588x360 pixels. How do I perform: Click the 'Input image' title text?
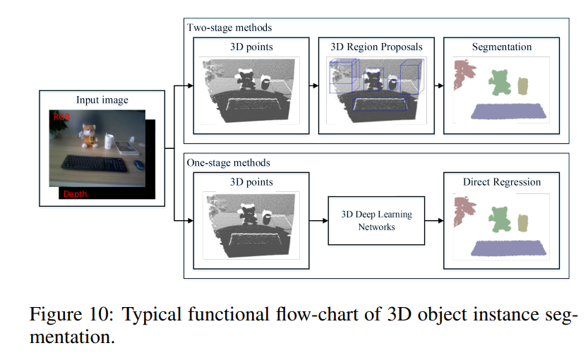(x=102, y=100)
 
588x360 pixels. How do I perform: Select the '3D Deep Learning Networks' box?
(x=376, y=221)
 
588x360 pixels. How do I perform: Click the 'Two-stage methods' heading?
(x=229, y=28)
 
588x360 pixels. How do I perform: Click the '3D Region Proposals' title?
(x=376, y=47)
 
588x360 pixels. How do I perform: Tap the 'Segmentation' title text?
(x=502, y=47)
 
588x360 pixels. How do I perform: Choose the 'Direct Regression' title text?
(x=502, y=182)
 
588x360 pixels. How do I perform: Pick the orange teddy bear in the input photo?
(x=88, y=136)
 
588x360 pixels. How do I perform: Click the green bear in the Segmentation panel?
(x=500, y=83)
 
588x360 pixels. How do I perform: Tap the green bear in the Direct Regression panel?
(x=500, y=217)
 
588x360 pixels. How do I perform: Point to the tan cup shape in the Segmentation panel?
(x=522, y=86)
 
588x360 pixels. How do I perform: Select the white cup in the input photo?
(x=109, y=140)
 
